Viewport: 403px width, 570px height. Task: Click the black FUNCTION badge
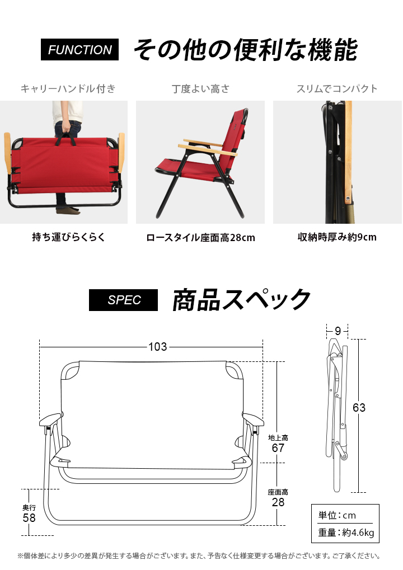[79, 49]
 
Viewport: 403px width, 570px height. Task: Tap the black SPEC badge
[123, 300]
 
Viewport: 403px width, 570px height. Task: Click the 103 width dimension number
[157, 347]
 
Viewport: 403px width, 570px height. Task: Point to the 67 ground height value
[278, 448]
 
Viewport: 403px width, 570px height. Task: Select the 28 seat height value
[278, 502]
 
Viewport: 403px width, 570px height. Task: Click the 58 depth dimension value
[29, 517]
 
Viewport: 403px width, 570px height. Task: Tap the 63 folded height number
[359, 408]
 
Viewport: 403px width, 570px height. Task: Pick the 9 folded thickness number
[338, 331]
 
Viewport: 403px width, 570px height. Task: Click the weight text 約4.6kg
[358, 533]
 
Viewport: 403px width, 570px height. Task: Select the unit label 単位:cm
[337, 515]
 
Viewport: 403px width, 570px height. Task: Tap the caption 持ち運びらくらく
[68, 237]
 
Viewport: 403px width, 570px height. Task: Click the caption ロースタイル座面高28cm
[200, 238]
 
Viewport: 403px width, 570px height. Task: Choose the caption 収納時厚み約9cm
[337, 237]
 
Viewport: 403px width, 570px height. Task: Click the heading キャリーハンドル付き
[68, 89]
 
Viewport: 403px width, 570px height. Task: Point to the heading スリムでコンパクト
[337, 89]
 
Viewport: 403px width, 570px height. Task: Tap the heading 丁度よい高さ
[200, 89]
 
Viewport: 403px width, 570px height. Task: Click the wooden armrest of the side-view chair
[208, 149]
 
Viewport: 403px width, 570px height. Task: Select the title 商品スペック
[241, 300]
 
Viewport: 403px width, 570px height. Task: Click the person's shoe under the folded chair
[68, 210]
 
